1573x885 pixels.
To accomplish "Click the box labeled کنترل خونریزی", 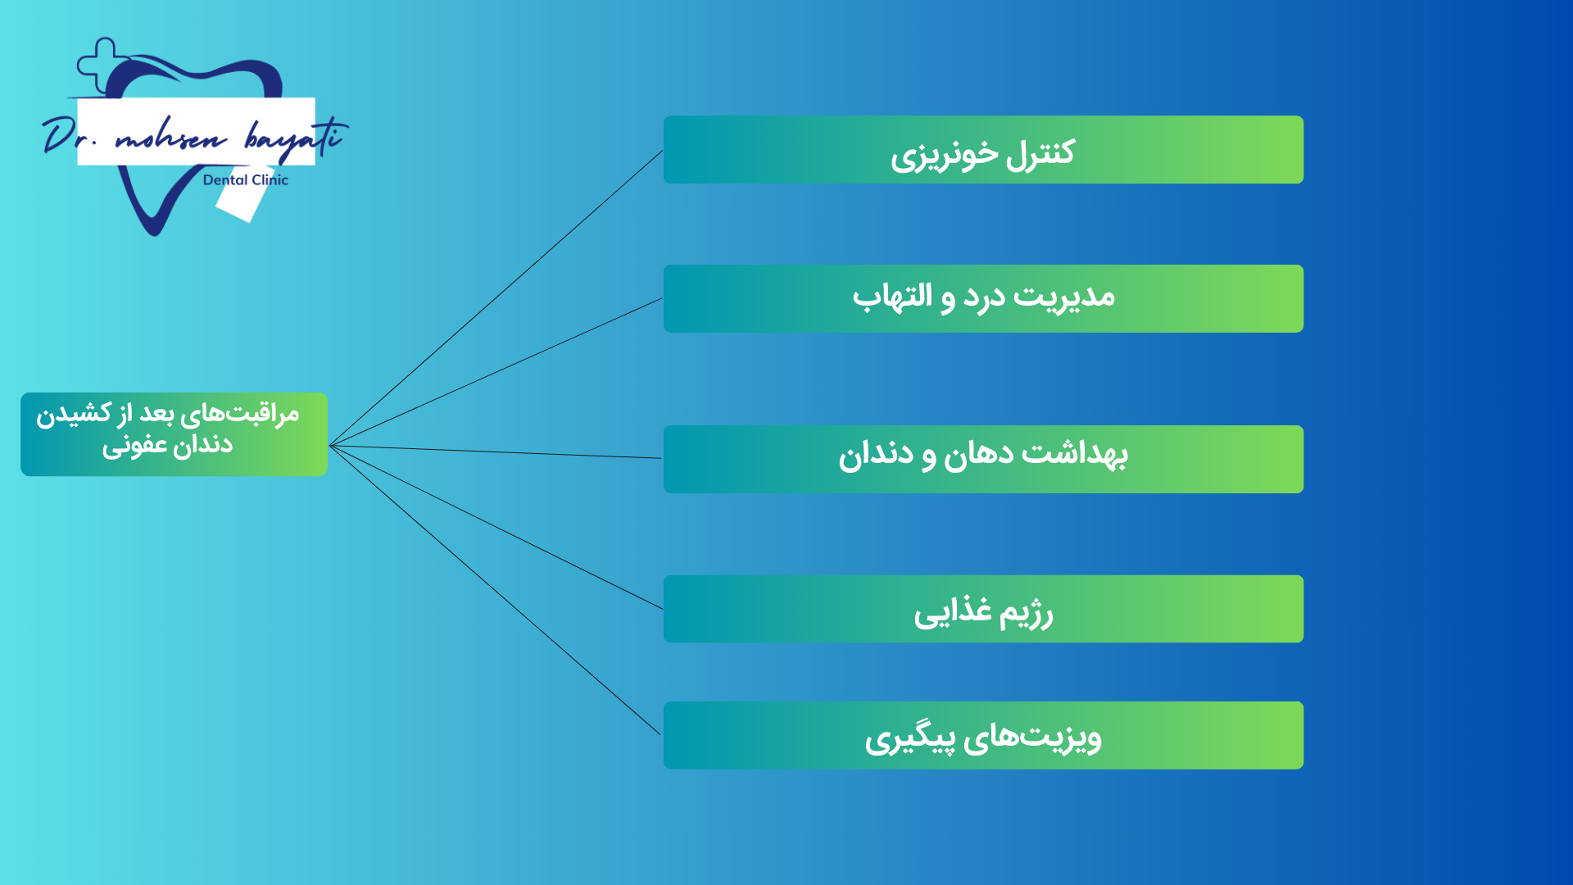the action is (983, 150).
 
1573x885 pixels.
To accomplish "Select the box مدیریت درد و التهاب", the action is (983, 298).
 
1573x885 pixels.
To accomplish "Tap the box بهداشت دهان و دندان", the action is (983, 459).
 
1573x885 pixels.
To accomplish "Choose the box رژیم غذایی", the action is (983, 609).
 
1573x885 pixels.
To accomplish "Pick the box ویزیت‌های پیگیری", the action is (983, 735).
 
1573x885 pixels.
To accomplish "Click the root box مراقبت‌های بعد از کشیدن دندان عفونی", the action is (174, 434).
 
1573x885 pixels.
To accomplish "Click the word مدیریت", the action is (1064, 297).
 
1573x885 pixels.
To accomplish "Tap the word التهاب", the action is (892, 296).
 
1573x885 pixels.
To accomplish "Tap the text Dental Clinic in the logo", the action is (246, 180).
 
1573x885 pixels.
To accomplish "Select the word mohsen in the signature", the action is (170, 138).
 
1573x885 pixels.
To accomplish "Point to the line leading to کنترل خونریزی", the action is (496, 298).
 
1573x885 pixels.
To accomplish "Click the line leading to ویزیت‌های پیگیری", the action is (495, 590).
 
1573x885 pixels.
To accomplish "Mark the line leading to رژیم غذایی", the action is (496, 528).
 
